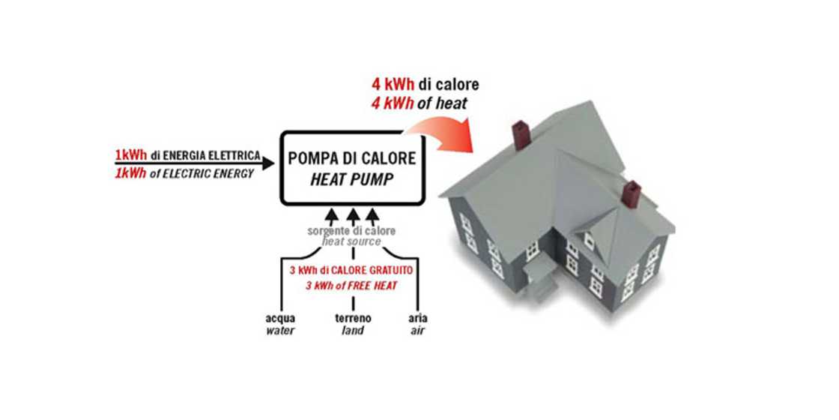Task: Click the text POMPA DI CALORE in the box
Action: pyautogui.click(x=351, y=159)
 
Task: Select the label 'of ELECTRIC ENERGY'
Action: pyautogui.click(x=202, y=172)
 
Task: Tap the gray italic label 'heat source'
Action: pyautogui.click(x=351, y=242)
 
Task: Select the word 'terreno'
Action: pyautogui.click(x=352, y=318)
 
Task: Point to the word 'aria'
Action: pyautogui.click(x=418, y=318)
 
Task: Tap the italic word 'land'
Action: pyautogui.click(x=352, y=330)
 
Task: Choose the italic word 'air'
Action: pyautogui.click(x=418, y=330)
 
